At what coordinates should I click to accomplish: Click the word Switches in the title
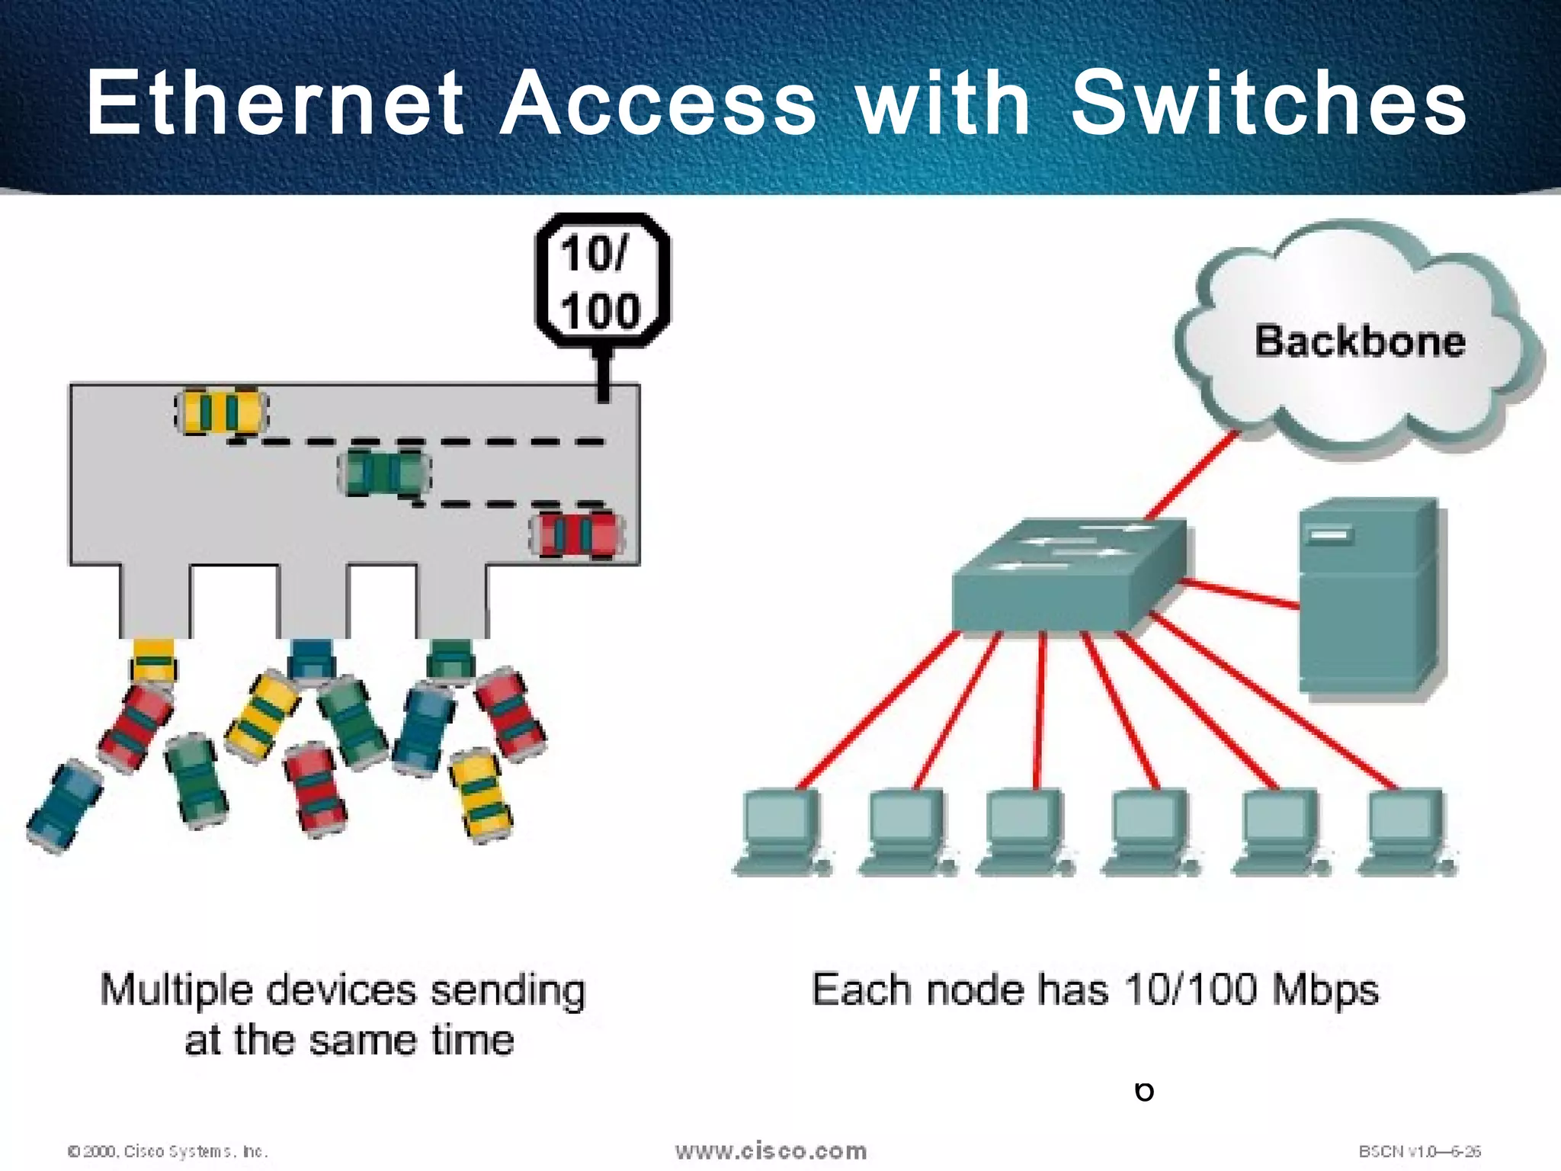tap(1268, 103)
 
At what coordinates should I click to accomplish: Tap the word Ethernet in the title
tap(274, 103)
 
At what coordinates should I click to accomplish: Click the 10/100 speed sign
tap(602, 282)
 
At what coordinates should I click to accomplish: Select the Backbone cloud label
tap(1360, 341)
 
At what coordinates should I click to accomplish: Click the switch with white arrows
tap(1067, 576)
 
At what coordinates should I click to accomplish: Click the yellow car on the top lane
tap(221, 412)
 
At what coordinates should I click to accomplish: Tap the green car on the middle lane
tap(384, 473)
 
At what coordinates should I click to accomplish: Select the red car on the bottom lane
tap(578, 535)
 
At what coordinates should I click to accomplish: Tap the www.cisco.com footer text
tap(771, 1150)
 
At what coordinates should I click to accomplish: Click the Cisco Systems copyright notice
tap(168, 1151)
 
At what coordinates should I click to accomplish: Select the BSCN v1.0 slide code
tap(1419, 1151)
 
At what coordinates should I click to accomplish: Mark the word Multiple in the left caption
tap(177, 991)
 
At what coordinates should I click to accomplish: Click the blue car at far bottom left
tap(65, 806)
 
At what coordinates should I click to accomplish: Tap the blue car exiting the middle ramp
tap(311, 660)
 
